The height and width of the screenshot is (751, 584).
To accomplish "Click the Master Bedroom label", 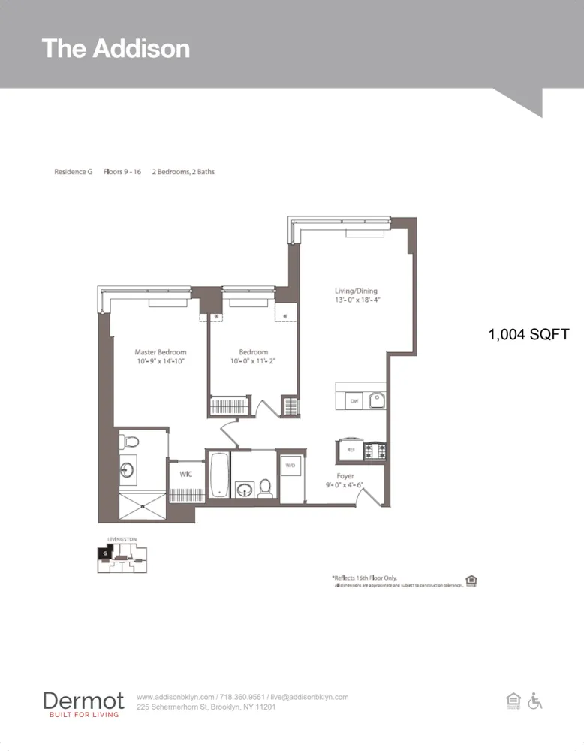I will tap(160, 352).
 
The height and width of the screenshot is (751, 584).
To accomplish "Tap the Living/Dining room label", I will tap(356, 291).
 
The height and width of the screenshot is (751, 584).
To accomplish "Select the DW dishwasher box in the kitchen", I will tap(355, 402).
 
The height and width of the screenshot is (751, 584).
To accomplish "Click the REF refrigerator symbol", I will tap(350, 450).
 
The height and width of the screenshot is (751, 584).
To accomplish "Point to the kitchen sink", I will tap(376, 400).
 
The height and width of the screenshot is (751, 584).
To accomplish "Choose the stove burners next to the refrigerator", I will tap(375, 450).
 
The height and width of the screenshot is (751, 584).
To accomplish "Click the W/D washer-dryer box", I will tap(290, 466).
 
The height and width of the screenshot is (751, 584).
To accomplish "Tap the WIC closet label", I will tap(185, 474).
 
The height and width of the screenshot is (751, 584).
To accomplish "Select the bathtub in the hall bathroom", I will tap(219, 475).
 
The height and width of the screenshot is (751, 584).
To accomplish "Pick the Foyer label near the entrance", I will tap(345, 476).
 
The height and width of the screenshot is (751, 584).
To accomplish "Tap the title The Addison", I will tap(116, 48).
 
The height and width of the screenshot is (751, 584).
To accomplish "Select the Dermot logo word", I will tap(83, 701).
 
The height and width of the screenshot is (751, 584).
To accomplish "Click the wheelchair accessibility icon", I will tap(535, 701).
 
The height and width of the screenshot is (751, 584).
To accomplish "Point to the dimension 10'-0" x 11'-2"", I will tap(254, 361).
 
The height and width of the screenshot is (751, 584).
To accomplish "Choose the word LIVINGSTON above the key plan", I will tap(122, 539).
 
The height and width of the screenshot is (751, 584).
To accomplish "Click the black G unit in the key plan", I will tap(103, 553).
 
